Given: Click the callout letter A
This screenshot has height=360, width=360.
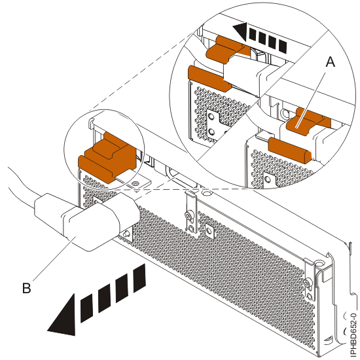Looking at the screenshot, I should (x=330, y=63).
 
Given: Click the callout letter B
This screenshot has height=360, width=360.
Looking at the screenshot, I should (x=28, y=285).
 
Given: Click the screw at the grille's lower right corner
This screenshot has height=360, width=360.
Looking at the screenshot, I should (x=307, y=283).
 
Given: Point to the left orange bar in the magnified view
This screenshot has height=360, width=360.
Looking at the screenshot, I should (x=208, y=78).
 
